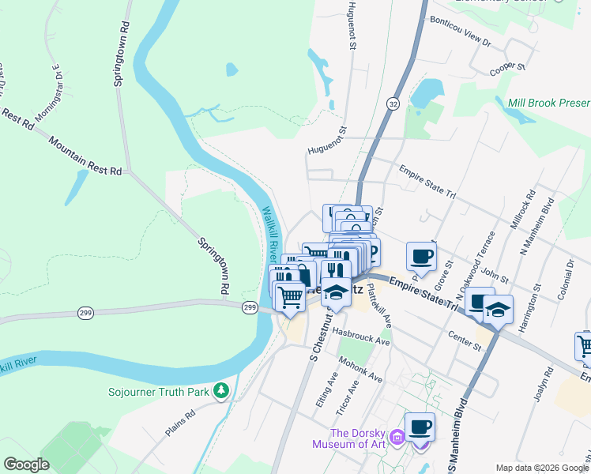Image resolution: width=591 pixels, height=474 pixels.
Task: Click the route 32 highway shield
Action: coord(393,103)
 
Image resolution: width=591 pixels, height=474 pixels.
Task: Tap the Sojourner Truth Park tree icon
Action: coord(223,390)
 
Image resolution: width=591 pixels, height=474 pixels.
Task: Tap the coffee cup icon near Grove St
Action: coord(421,256)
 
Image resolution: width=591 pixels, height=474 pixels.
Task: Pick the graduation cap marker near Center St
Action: coord(498,310)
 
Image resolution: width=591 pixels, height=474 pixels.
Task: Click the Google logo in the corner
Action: coord(27,465)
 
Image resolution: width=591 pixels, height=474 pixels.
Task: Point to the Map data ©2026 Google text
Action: coord(541,468)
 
